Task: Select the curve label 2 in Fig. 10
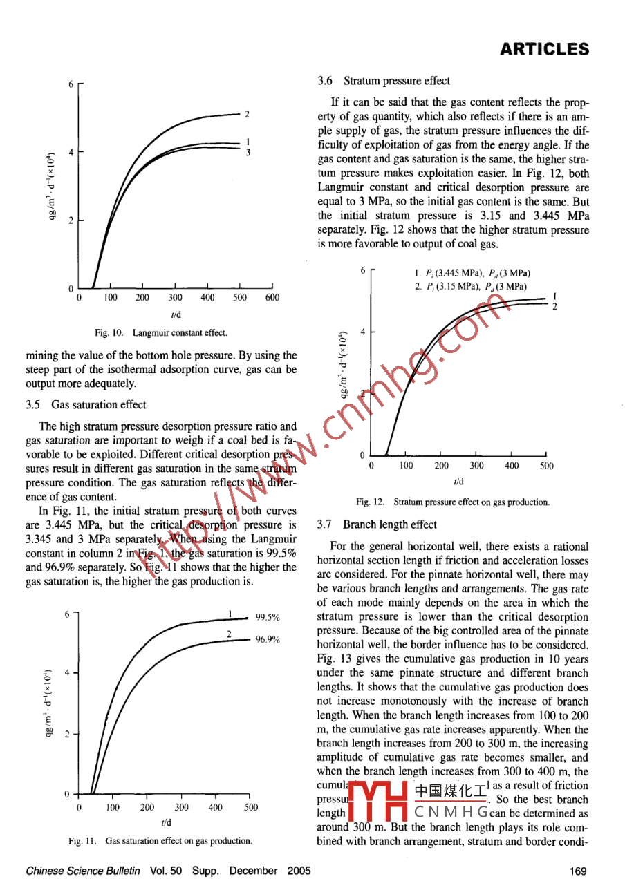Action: (x=246, y=114)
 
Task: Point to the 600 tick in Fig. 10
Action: (x=272, y=298)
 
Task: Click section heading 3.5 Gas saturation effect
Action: (x=86, y=405)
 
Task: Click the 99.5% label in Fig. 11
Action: (x=268, y=618)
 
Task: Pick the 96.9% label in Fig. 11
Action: (x=268, y=640)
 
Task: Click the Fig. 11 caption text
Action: (x=160, y=841)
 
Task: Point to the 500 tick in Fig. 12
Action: (x=546, y=466)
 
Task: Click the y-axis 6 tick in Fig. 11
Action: (x=66, y=615)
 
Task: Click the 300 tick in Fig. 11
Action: (x=181, y=807)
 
